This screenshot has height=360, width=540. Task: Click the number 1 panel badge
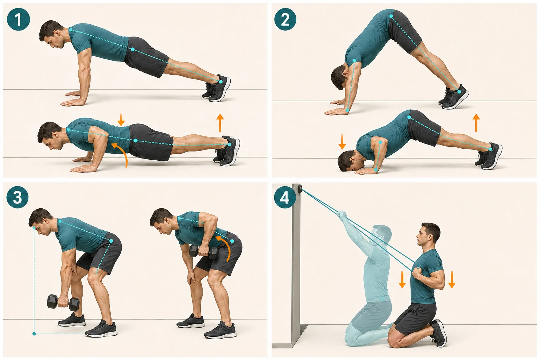(x=19, y=19)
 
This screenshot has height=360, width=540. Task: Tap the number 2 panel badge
(x=285, y=19)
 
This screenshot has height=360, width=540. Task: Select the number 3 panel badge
(x=17, y=197)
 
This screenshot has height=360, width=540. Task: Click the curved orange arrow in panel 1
(x=122, y=152)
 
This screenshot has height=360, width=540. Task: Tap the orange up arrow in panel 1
(x=220, y=123)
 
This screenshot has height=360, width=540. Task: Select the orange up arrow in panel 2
(x=476, y=123)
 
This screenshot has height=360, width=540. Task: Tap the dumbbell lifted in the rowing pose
(x=204, y=252)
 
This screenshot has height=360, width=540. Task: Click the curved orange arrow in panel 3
(x=226, y=247)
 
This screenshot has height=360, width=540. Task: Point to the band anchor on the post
(x=300, y=188)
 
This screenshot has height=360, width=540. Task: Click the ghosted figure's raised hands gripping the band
(x=342, y=214)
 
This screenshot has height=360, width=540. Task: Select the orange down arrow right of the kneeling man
(x=451, y=280)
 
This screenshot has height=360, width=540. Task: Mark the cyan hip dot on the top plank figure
(x=133, y=50)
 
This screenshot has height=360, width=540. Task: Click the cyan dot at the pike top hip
(x=391, y=16)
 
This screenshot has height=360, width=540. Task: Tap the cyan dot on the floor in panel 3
(x=34, y=334)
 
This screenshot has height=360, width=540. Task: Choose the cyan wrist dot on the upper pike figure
(x=347, y=110)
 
